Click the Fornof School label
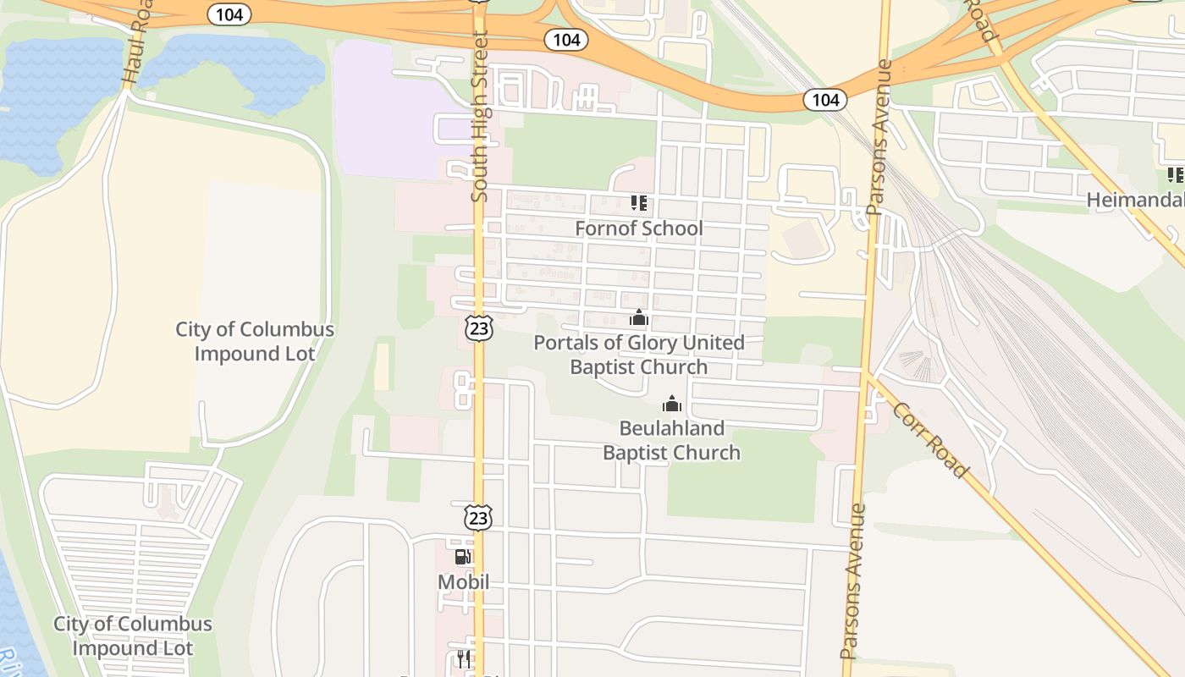tap(638, 228)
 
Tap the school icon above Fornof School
tap(639, 203)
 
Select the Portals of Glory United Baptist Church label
tap(639, 355)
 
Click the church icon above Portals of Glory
tap(639, 318)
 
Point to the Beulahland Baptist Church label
tap(671, 440)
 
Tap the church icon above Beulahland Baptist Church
tap(672, 404)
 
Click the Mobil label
tap(463, 582)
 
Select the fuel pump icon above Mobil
tap(463, 557)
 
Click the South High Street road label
tap(480, 117)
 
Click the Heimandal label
tap(1134, 201)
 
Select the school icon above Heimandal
tap(1175, 175)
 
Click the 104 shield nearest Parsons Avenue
tap(824, 101)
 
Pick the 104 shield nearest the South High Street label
tap(566, 40)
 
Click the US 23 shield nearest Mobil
tap(478, 517)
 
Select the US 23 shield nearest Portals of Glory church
tap(479, 328)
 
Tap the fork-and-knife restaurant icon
tap(463, 659)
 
